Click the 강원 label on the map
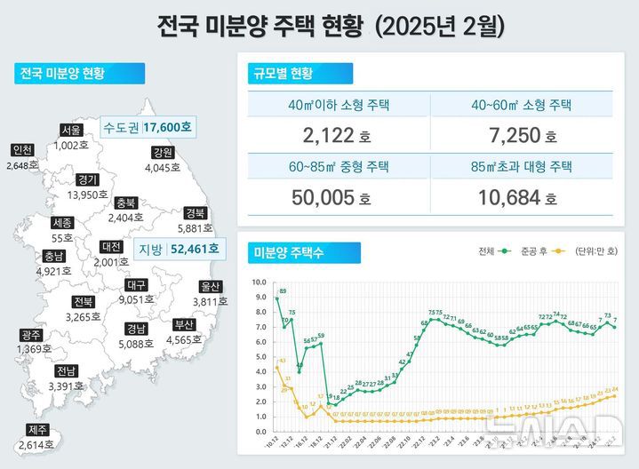[163, 151]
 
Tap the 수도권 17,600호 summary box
[147, 128]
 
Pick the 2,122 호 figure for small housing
[333, 136]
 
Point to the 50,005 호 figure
[333, 198]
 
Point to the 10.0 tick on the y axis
[260, 282]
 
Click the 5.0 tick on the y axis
[260, 357]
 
